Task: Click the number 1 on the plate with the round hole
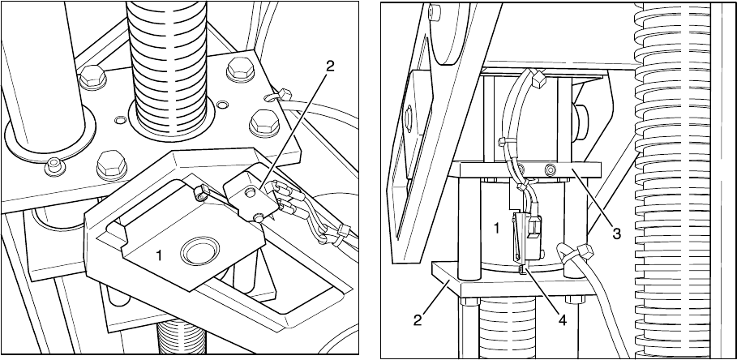(x=160, y=255)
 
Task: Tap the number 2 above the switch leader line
(x=330, y=66)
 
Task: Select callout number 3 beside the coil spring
(x=617, y=233)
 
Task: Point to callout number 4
(x=562, y=320)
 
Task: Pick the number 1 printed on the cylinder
(x=496, y=229)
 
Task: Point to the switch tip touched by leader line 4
(x=521, y=269)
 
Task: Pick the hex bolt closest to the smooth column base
(x=111, y=165)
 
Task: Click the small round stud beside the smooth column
(x=55, y=166)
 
